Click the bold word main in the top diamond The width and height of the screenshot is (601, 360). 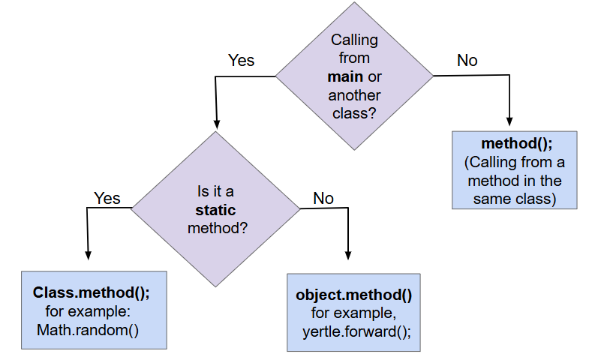coord(345,77)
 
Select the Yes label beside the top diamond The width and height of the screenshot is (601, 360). coord(241,60)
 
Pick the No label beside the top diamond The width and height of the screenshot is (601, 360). coord(467,61)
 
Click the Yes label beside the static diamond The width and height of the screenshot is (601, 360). coord(107,198)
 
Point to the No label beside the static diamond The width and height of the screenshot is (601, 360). coord(323,198)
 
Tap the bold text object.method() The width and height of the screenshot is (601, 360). coord(354,295)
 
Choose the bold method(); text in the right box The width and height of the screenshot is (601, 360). coord(514,143)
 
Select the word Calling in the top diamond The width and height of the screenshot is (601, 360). coord(354,40)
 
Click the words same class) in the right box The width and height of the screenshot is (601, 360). coord(514,199)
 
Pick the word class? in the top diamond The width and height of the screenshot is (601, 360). coord(354,114)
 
